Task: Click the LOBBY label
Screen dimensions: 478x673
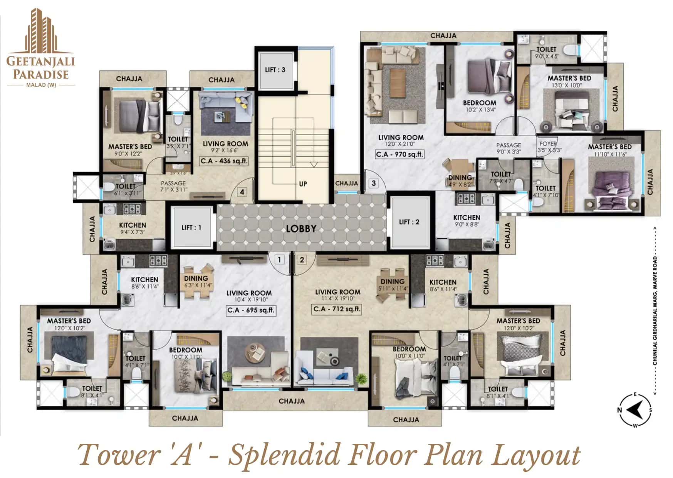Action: pyautogui.click(x=301, y=228)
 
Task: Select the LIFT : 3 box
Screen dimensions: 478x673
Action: pyautogui.click(x=275, y=70)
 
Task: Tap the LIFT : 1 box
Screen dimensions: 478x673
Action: pyautogui.click(x=191, y=228)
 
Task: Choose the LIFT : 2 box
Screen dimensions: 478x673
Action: pyautogui.click(x=409, y=222)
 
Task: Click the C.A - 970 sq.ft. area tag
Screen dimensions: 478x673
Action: pyautogui.click(x=400, y=154)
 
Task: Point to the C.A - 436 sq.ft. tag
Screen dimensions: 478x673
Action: pyautogui.click(x=224, y=161)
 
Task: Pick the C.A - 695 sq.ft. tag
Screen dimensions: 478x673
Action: pyautogui.click(x=251, y=310)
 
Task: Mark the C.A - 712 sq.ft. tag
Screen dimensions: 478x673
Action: pyautogui.click(x=337, y=309)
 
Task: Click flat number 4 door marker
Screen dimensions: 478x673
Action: pyautogui.click(x=242, y=192)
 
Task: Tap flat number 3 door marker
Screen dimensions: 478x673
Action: pyautogui.click(x=373, y=183)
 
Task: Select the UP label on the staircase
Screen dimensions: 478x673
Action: pyautogui.click(x=303, y=184)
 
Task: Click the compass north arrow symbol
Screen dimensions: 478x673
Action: pyautogui.click(x=635, y=410)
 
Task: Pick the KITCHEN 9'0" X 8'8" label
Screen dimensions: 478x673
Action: pyautogui.click(x=467, y=220)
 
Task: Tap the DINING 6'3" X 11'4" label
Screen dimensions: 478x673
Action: pyautogui.click(x=196, y=281)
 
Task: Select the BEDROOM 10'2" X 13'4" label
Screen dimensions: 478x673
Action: pyautogui.click(x=479, y=106)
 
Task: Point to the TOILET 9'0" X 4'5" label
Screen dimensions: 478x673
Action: pyautogui.click(x=546, y=52)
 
